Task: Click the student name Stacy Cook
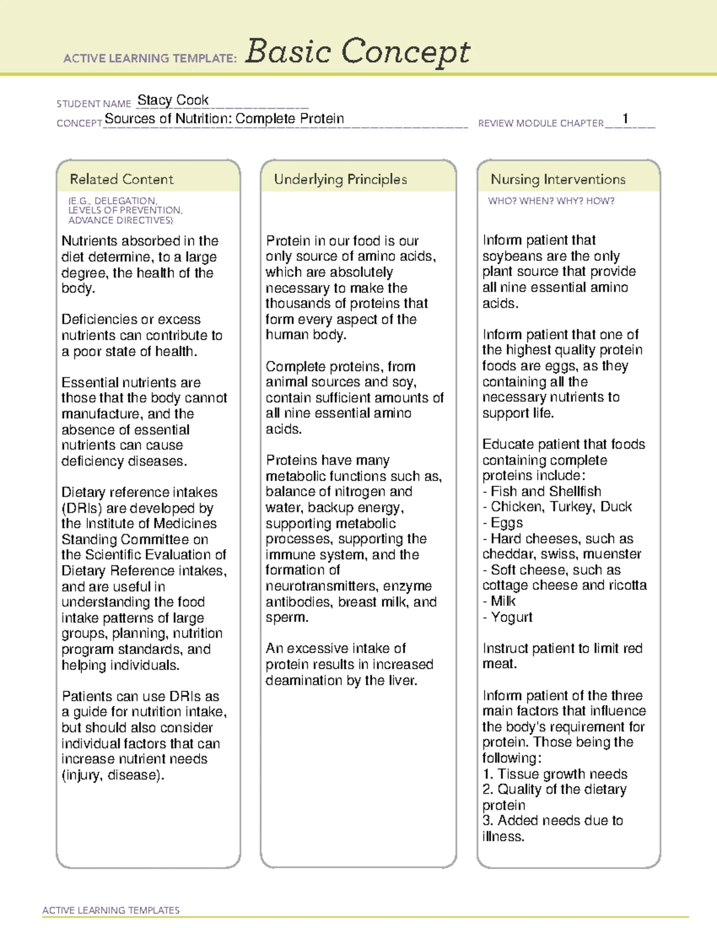[x=173, y=100]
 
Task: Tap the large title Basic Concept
[x=357, y=52]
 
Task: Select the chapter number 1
[x=625, y=118]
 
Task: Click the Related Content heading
[x=121, y=179]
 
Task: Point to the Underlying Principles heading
[x=340, y=179]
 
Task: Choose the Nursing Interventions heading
[x=557, y=179]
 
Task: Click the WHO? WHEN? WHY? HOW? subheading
[x=551, y=201]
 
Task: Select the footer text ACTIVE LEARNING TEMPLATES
[x=111, y=910]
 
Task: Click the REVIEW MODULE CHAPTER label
[x=541, y=124]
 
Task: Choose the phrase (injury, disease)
[x=112, y=775]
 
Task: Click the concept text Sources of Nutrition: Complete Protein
[x=224, y=119]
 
